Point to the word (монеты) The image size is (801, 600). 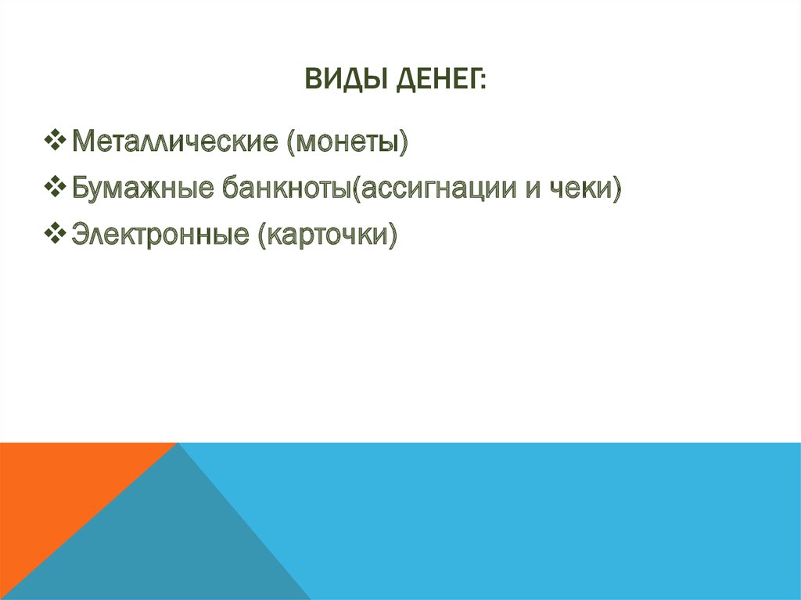(x=347, y=142)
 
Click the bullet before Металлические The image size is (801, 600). (x=56, y=142)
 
